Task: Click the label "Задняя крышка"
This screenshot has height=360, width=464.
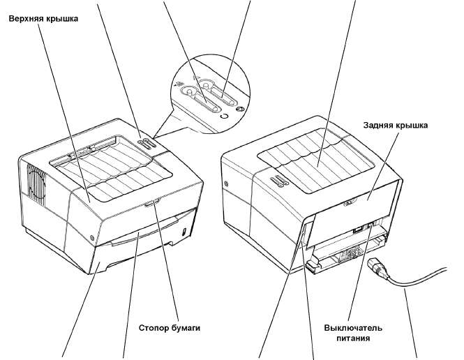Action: (395, 126)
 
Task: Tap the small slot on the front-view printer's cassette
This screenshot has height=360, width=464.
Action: (183, 231)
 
